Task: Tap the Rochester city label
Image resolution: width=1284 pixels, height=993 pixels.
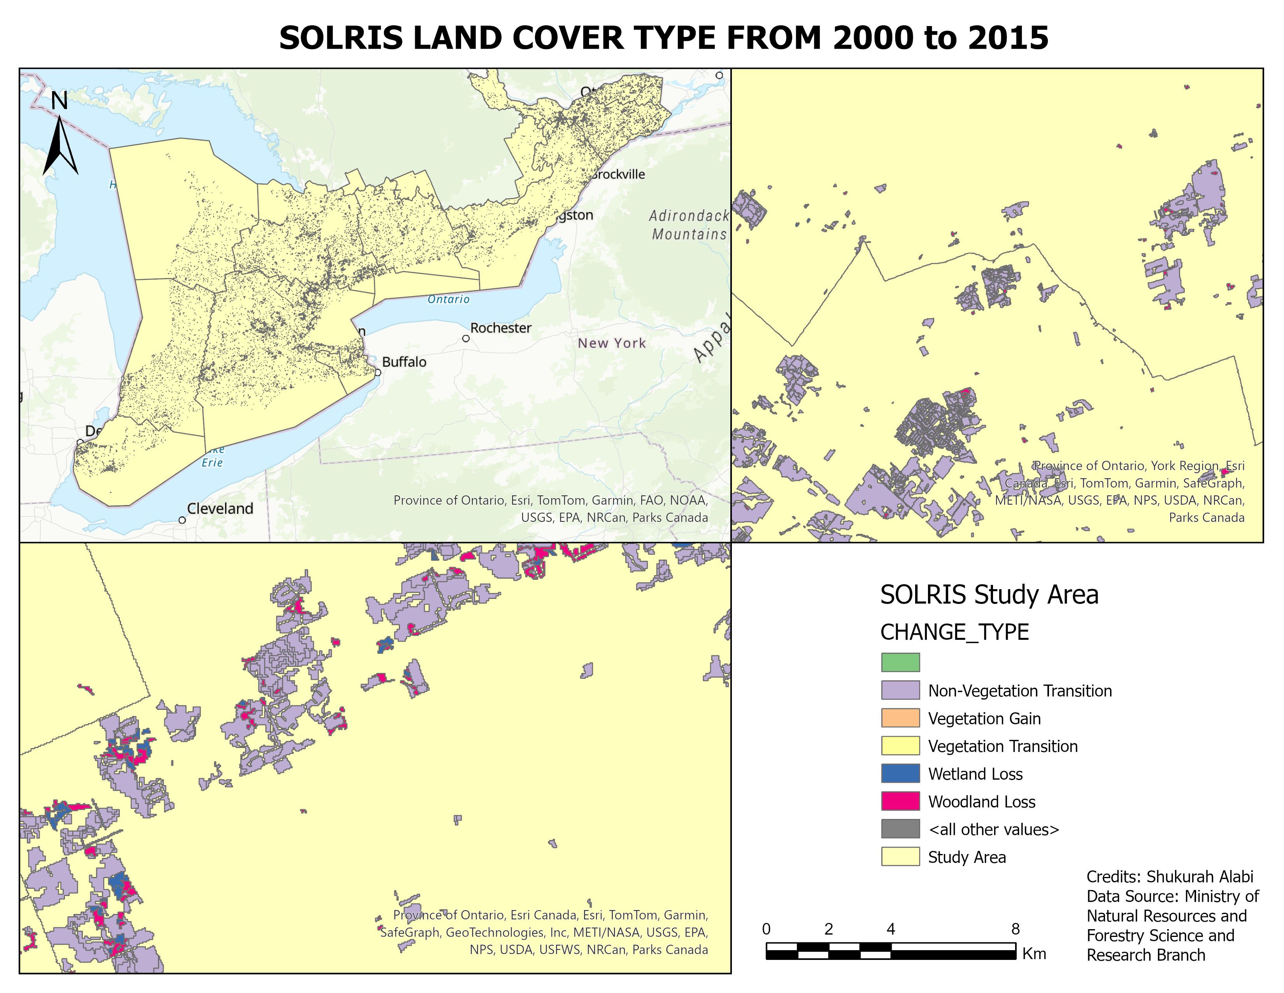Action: [500, 328]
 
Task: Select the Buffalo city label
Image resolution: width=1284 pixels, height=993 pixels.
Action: [404, 362]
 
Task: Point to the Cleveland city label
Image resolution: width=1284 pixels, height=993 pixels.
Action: [220, 509]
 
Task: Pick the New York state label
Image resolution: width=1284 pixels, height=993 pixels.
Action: [611, 343]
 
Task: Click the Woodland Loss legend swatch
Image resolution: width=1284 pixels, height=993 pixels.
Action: [900, 801]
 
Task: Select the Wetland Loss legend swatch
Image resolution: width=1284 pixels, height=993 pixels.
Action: [900, 774]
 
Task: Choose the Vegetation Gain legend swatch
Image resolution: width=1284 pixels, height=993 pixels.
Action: [900, 718]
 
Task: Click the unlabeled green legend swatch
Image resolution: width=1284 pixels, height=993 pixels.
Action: [900, 662]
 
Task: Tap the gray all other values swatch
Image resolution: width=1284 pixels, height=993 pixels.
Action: [900, 829]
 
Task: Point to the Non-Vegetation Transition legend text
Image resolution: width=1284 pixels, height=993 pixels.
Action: [1019, 691]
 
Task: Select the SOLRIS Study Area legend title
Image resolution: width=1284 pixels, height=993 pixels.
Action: [989, 595]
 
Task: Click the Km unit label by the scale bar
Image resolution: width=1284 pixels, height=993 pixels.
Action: [1034, 954]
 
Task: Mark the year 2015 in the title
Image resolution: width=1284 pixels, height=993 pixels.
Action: [999, 38]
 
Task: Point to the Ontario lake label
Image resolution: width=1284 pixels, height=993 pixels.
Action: [449, 299]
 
